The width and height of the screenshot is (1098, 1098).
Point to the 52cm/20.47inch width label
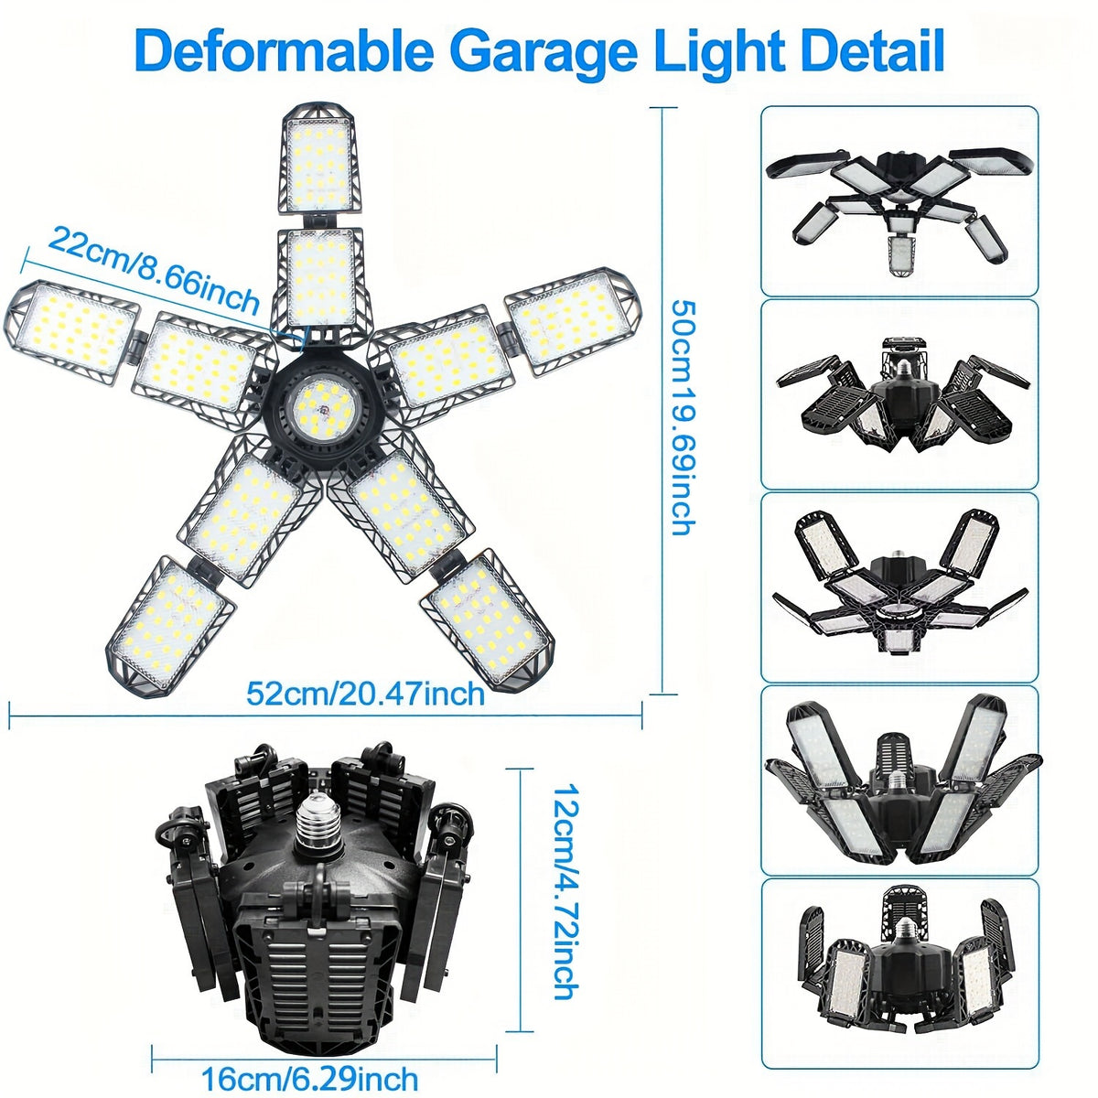coord(365,694)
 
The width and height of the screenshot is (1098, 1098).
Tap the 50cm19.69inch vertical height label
coord(684,418)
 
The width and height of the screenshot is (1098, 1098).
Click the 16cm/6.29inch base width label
coord(310,1063)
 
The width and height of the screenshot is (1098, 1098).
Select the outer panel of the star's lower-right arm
coord(488,621)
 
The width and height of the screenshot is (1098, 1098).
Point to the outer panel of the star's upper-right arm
coord(570,321)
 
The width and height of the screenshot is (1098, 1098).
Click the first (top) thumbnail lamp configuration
coord(899,201)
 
